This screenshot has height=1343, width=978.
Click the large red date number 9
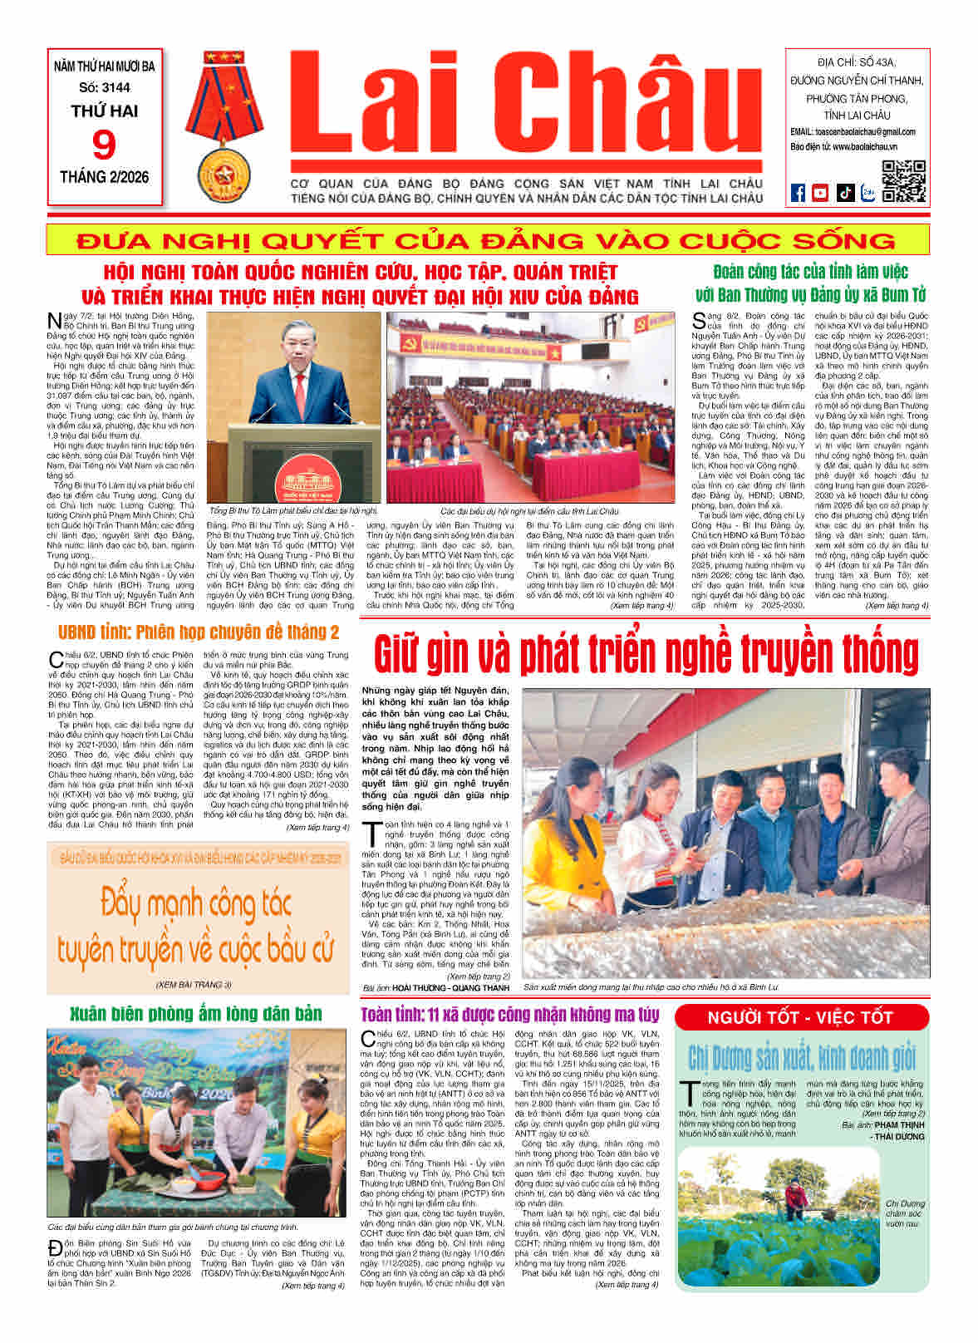tap(105, 145)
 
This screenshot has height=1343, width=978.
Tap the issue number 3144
tap(105, 87)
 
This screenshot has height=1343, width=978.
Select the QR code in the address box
tap(902, 180)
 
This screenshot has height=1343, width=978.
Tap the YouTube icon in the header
tap(820, 193)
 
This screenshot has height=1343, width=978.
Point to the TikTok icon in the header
tap(844, 193)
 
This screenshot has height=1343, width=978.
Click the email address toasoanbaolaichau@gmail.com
tap(853, 132)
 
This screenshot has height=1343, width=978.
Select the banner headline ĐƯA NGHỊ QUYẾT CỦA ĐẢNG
tap(487, 241)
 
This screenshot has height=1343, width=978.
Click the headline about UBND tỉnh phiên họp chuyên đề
tap(199, 632)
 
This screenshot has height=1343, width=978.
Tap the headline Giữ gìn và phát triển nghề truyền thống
tap(646, 654)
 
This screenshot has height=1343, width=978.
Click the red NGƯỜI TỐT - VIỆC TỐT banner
tap(799, 1018)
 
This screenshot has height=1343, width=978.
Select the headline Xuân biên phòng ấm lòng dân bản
tap(196, 1014)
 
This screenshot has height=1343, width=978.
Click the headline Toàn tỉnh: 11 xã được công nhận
tap(510, 1015)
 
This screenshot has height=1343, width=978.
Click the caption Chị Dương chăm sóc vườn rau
tap(904, 1213)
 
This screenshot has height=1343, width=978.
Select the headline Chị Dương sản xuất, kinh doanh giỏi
tap(801, 1058)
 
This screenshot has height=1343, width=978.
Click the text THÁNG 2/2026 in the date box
tap(105, 177)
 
